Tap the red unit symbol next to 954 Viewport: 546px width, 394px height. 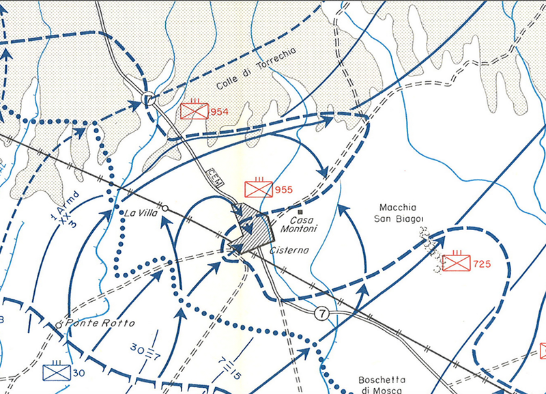coord(195,111)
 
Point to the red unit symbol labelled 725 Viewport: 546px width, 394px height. coord(456,263)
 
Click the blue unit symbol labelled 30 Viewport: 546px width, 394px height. coord(55,372)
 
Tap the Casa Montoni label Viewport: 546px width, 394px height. coord(305,225)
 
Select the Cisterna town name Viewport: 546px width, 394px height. coord(290,251)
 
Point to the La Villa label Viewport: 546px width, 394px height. coord(139,213)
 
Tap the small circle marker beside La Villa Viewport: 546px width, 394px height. coord(164,207)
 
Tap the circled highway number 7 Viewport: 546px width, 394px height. coord(322,313)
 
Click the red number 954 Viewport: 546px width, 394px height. coord(220,112)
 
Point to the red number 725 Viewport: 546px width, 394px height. coord(482,264)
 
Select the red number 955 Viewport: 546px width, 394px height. coord(283,190)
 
